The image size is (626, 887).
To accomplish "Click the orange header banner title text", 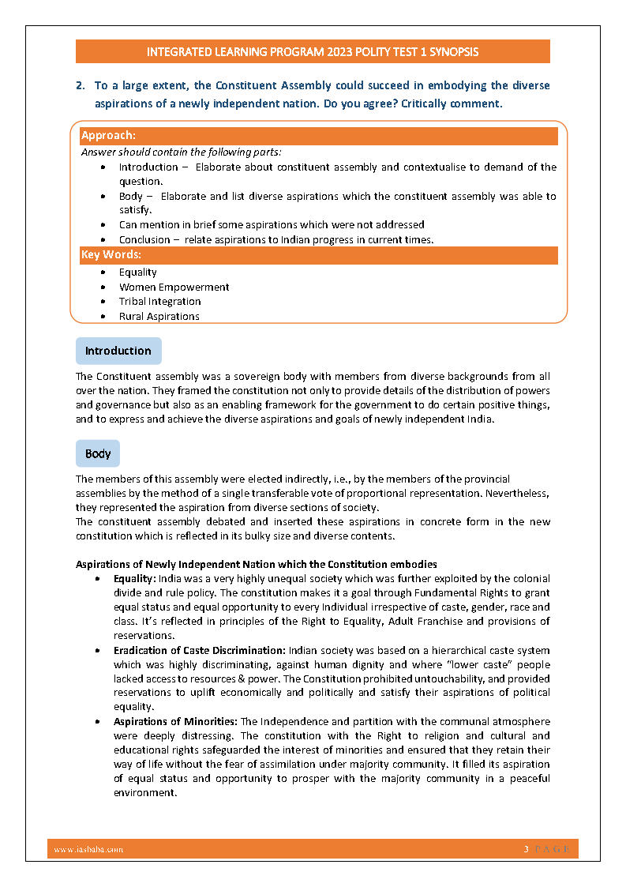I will [313, 52].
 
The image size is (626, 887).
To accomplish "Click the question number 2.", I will [80, 85].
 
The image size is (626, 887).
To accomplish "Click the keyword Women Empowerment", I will [174, 287].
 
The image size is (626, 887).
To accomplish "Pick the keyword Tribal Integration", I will [159, 302].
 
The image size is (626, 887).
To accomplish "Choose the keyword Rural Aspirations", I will [159, 317].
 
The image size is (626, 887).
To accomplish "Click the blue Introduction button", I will [118, 351].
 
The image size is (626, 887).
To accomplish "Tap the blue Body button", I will [98, 454].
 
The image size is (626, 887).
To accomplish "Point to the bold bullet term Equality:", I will [135, 578].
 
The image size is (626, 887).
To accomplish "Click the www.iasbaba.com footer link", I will [88, 849].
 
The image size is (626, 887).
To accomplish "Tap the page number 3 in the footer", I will [526, 849].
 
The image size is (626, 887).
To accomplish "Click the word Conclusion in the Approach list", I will [144, 239].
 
